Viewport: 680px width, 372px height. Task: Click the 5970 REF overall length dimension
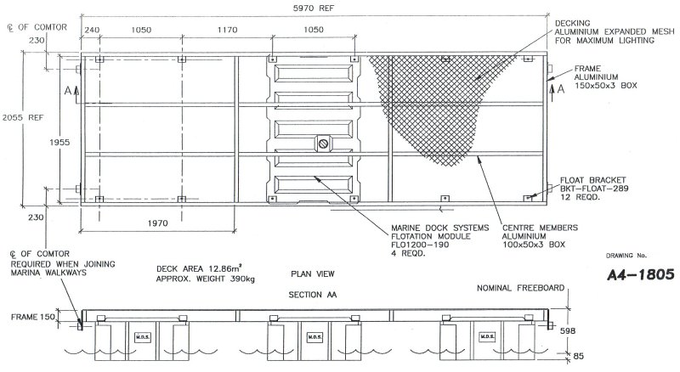[x=314, y=8]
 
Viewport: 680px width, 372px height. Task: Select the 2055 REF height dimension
[x=23, y=117]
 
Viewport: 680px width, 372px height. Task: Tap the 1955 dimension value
[x=59, y=142]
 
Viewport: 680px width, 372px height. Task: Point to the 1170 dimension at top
[x=227, y=30]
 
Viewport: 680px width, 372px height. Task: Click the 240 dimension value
[x=92, y=30]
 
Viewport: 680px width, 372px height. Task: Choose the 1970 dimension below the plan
[x=157, y=223]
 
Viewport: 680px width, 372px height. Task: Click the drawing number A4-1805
[x=641, y=274]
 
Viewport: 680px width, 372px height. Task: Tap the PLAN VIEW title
[x=313, y=273]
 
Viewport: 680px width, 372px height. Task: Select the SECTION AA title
[x=313, y=295]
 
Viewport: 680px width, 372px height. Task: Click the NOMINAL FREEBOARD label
[x=520, y=288]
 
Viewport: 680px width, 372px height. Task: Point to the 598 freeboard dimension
[x=568, y=330]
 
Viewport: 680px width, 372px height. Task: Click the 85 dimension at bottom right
[x=579, y=356]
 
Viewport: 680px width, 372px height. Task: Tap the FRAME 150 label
[x=33, y=317]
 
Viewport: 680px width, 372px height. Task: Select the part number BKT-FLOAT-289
[x=594, y=189]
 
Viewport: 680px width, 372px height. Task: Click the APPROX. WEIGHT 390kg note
[x=206, y=279]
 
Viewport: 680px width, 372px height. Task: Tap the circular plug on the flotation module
[x=323, y=143]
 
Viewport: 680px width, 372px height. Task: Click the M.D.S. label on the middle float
[x=314, y=337]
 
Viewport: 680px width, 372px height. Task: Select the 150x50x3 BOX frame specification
[x=606, y=86]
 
